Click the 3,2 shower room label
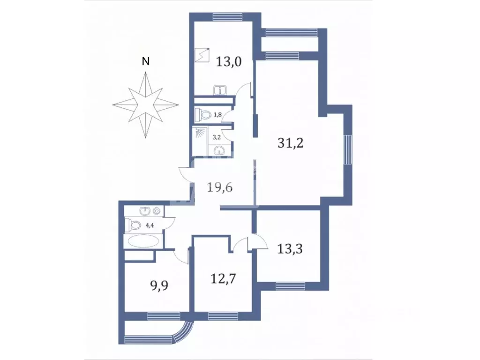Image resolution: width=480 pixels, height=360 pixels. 217,137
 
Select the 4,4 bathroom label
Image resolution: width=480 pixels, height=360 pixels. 150,225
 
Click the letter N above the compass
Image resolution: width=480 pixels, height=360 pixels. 146,61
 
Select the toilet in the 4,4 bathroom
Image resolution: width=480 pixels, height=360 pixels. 134,225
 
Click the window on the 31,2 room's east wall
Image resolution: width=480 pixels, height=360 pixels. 347,150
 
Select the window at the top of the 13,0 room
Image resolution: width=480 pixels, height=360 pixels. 227,17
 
